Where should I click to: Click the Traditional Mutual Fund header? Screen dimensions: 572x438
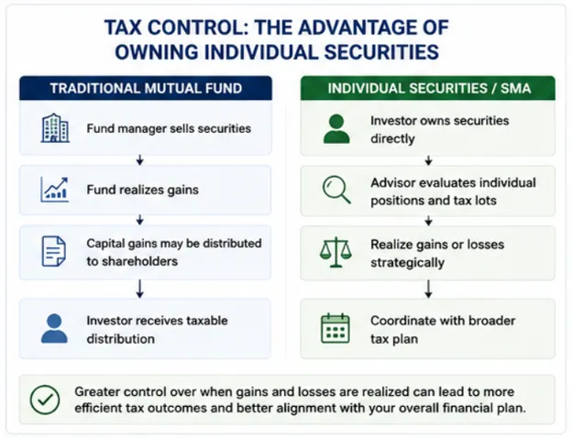click(x=146, y=88)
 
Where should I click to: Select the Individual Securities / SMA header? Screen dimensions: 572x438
click(x=428, y=88)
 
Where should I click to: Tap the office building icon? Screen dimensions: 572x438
click(x=55, y=128)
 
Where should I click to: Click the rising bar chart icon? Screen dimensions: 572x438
click(x=54, y=190)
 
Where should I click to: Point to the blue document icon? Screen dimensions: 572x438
click(x=54, y=251)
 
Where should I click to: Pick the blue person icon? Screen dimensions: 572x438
click(x=54, y=329)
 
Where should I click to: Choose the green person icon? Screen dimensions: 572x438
click(x=336, y=128)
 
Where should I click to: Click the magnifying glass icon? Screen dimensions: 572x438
click(x=336, y=190)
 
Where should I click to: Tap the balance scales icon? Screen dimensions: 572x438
click(x=335, y=252)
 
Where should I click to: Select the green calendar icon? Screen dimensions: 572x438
click(x=335, y=328)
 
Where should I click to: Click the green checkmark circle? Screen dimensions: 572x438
click(x=45, y=400)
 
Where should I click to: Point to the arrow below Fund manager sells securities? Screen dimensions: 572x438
click(x=139, y=159)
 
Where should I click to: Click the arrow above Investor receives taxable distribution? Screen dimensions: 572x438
click(x=139, y=289)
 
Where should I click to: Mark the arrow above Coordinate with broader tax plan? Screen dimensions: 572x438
click(x=429, y=289)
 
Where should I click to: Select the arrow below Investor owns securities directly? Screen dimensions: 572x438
click(x=429, y=160)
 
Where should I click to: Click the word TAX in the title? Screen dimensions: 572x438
click(x=123, y=27)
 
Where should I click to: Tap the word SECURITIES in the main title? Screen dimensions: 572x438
click(x=381, y=52)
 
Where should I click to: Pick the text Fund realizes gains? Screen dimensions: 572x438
click(x=143, y=190)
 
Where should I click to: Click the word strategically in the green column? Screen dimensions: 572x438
click(x=408, y=263)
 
